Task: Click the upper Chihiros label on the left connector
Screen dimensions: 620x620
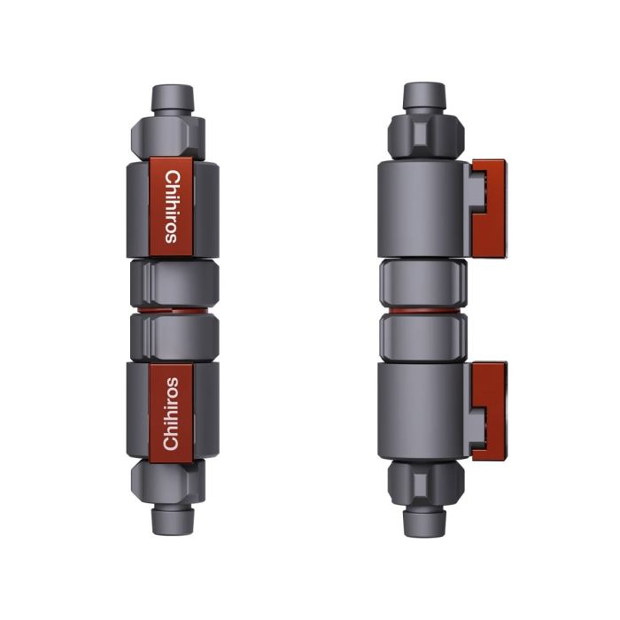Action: tap(172, 205)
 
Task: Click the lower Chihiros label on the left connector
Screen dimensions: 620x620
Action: tap(172, 414)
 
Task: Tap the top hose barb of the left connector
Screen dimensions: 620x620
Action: tap(172, 98)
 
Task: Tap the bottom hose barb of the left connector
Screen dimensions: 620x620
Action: tap(172, 520)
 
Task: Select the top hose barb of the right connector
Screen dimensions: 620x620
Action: tap(424, 97)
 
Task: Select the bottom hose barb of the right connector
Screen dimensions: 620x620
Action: tap(424, 522)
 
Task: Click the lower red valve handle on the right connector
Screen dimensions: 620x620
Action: tap(490, 409)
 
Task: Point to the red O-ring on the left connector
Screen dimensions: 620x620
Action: tap(174, 310)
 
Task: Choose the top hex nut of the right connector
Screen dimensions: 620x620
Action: tap(424, 135)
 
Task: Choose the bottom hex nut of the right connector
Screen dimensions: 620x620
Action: tap(424, 484)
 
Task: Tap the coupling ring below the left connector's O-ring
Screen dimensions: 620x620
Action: tap(174, 336)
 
